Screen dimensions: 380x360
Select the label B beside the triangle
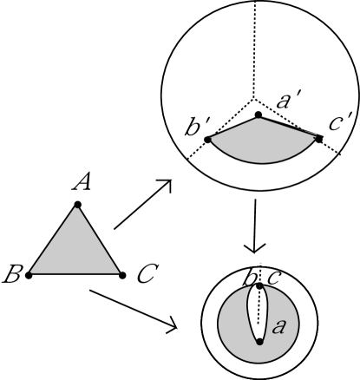pos(12,277)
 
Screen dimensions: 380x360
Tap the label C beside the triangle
pos(146,277)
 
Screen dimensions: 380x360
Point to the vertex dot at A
pos(78,205)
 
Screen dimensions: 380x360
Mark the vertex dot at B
pos(29,274)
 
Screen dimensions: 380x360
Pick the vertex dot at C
pos(121,274)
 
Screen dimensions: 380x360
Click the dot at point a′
pos(258,115)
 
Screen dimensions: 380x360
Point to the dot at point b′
pos(206,139)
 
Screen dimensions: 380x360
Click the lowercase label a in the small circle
pos(279,326)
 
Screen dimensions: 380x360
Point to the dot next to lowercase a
pos(259,342)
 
